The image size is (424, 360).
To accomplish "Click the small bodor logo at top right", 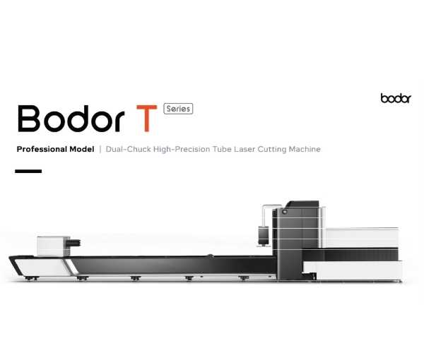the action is [396, 98].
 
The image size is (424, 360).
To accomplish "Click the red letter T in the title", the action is [146, 119].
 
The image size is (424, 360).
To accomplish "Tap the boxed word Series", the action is [178, 109].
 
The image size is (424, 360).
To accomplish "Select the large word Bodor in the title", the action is [71, 119].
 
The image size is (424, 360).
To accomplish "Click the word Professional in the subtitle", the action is [42, 149].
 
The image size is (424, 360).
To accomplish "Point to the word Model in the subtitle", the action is [82, 149].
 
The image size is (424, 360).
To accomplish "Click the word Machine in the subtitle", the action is [305, 149].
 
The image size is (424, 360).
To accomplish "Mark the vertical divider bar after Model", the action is [100, 149].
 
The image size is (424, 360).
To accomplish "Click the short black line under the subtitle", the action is [28, 172].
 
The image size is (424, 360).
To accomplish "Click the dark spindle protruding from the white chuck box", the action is [75, 243].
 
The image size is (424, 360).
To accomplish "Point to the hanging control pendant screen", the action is [264, 236].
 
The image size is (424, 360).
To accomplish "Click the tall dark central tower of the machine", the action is [296, 241].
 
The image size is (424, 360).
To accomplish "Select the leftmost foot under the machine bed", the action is [31, 278].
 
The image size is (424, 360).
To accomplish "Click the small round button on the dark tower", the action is [284, 212].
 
